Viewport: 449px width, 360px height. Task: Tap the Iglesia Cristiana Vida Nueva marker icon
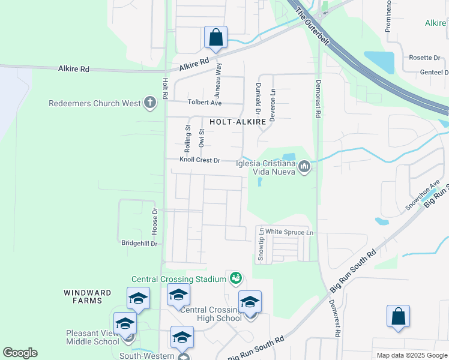click(x=304, y=166)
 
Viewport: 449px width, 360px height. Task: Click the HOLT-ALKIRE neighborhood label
click(x=238, y=122)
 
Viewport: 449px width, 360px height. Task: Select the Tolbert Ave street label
click(x=205, y=103)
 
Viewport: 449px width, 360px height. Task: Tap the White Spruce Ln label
click(x=290, y=232)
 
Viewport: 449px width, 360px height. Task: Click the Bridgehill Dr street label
click(x=139, y=244)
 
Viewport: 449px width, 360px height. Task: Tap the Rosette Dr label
click(x=424, y=58)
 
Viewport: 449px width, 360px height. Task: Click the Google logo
click(x=20, y=353)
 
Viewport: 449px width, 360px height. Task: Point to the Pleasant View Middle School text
click(x=93, y=337)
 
